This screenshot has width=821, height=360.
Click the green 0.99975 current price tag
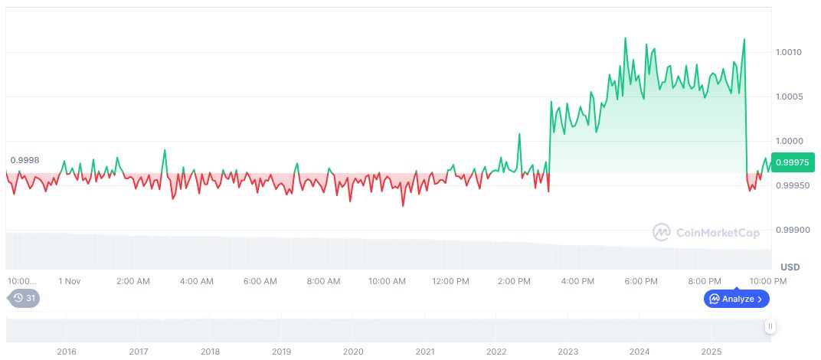(x=793, y=162)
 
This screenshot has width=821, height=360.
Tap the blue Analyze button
(x=736, y=299)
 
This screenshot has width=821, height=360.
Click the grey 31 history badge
(x=24, y=298)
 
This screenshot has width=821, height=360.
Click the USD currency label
(x=790, y=267)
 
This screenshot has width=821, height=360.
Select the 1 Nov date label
(x=69, y=281)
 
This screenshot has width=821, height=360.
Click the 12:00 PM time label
(x=450, y=281)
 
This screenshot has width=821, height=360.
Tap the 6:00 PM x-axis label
(x=641, y=281)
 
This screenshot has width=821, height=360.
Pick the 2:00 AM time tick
(x=132, y=281)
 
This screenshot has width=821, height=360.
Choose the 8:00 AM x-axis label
(x=323, y=281)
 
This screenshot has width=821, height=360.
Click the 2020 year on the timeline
(x=353, y=351)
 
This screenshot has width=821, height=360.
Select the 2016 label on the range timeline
(x=67, y=351)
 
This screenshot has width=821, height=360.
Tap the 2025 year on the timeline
(x=711, y=351)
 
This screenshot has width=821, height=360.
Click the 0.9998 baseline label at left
(x=25, y=160)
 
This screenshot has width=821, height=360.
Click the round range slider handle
(x=770, y=326)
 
